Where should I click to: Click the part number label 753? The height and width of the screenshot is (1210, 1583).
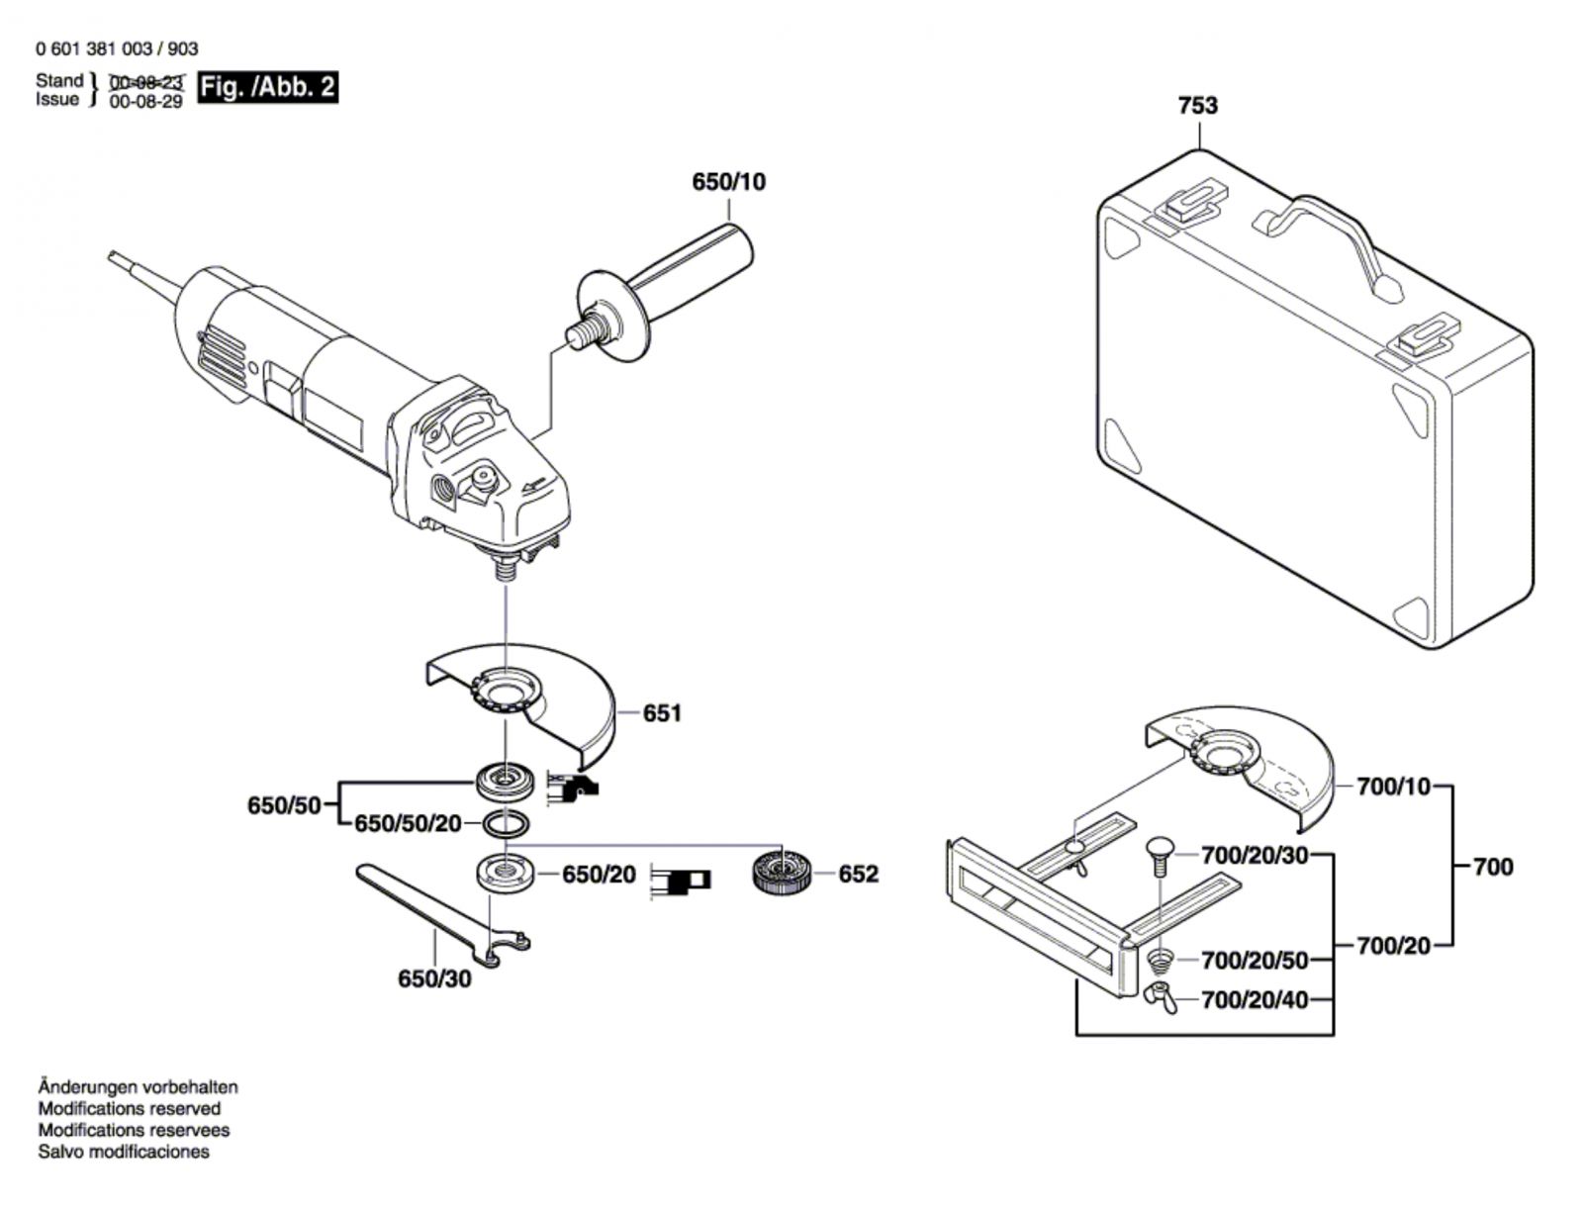point(1198,106)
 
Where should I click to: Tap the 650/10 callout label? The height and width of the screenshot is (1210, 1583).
point(728,182)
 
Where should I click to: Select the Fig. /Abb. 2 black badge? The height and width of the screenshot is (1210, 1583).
point(267,87)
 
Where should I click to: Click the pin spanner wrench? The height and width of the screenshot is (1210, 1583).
point(443,916)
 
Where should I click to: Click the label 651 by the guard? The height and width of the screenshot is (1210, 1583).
point(661,713)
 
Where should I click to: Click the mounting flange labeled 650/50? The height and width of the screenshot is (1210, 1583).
point(506,781)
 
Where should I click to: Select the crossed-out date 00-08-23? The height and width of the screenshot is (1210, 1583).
point(146,81)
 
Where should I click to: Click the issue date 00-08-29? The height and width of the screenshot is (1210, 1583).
point(145,101)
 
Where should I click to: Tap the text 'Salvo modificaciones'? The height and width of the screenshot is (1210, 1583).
point(124,1152)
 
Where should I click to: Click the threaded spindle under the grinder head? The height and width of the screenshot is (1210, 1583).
point(505,568)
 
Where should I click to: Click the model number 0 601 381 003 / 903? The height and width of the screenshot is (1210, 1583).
point(117,48)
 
